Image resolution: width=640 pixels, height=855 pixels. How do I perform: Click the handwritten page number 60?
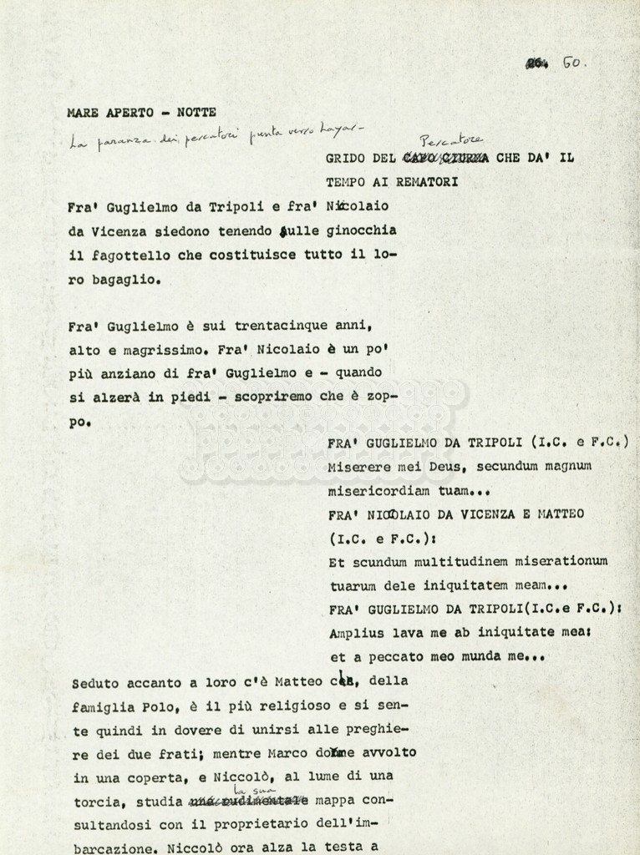[x=574, y=63]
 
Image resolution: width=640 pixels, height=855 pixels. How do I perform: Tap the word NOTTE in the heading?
[x=196, y=111]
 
